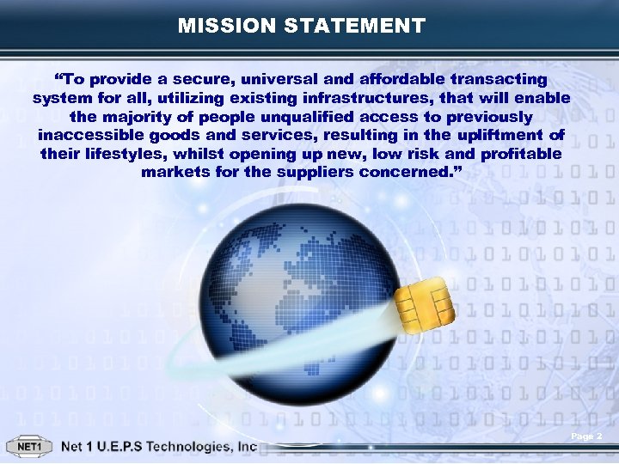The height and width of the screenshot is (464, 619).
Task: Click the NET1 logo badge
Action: coord(30,447)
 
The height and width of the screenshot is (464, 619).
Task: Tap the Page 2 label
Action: coord(586,437)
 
